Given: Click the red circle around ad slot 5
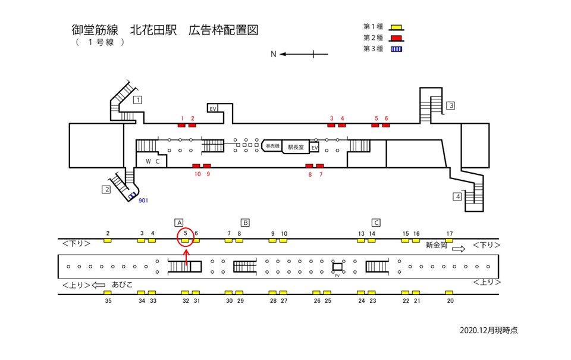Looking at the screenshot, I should (x=186, y=237).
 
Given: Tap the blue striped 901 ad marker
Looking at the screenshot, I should (x=131, y=196).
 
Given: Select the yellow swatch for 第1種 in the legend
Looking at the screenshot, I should (x=396, y=27).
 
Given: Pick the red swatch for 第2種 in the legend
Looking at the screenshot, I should (x=396, y=38).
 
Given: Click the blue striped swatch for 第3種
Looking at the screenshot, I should (x=396, y=49).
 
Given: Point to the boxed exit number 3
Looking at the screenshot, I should (x=451, y=106).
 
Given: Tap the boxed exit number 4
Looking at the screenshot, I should (x=457, y=196).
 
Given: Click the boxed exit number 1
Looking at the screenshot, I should (x=137, y=100).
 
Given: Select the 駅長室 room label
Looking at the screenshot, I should (x=296, y=146).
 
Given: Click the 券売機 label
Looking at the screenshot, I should (x=272, y=146).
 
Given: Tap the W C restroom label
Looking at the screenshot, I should (x=149, y=161).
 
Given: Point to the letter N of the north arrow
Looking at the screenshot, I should (x=273, y=54).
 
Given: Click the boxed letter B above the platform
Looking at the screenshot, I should (x=244, y=223).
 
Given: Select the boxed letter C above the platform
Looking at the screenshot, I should (x=375, y=223).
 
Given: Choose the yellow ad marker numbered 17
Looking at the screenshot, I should (x=449, y=240).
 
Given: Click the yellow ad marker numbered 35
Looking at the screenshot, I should (x=108, y=293).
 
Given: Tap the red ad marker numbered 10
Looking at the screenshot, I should (x=196, y=165).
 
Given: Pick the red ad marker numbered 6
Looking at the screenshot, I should (x=385, y=125).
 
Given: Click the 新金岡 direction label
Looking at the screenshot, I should (x=437, y=245).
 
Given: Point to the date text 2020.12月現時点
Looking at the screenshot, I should (x=488, y=330).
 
